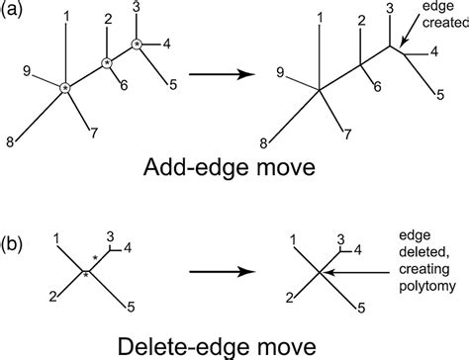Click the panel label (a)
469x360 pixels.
17,14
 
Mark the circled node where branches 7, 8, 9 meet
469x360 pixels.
65,89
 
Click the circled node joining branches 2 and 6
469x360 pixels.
106,63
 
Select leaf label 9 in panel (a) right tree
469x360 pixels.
280,71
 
